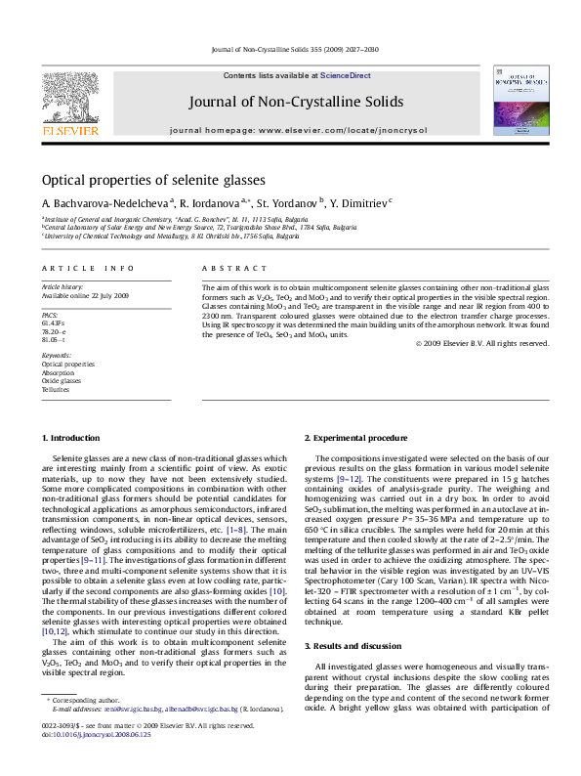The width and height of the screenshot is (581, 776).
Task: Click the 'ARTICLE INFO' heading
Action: click(x=74, y=267)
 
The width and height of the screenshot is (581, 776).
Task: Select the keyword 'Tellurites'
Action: click(x=56, y=389)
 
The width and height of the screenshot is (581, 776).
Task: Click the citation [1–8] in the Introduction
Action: click(x=236, y=528)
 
